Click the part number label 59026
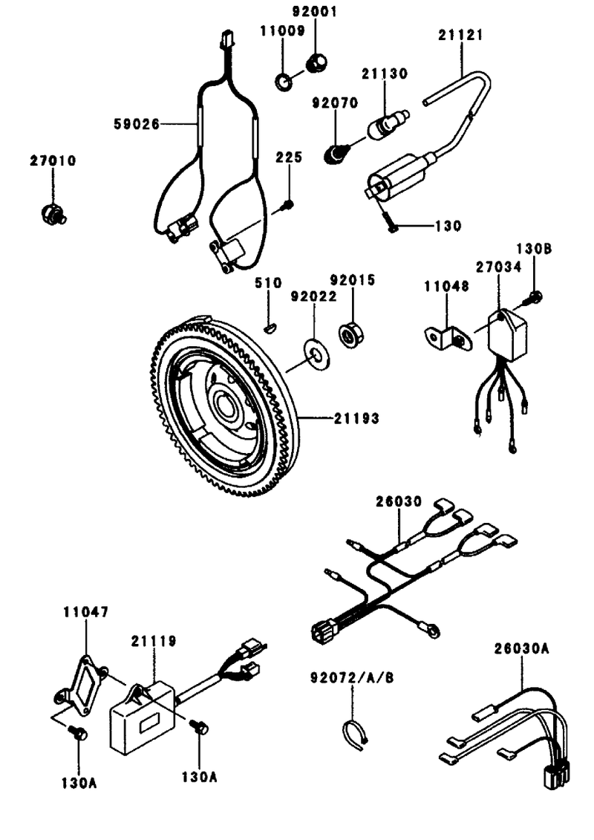137,124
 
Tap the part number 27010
53,160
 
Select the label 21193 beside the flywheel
356,418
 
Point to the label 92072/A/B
352,677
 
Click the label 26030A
522,648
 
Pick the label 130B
534,249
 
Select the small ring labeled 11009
284,82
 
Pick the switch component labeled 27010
53,213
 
